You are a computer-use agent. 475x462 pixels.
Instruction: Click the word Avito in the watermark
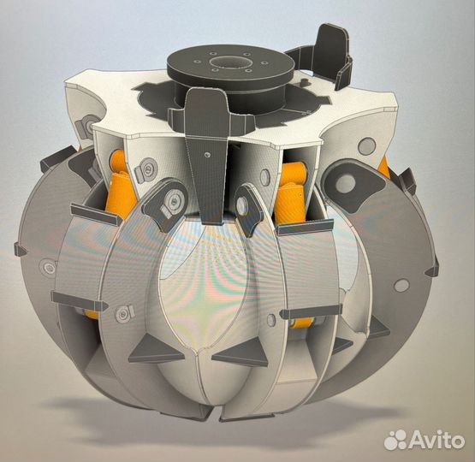pyautogui.click(x=437, y=440)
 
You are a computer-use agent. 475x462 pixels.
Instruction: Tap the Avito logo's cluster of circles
pyautogui.click(x=396, y=440)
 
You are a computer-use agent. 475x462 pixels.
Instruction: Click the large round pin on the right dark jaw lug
pyautogui.click(x=345, y=182)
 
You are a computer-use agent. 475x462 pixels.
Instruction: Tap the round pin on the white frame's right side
pyautogui.click(x=367, y=145)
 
